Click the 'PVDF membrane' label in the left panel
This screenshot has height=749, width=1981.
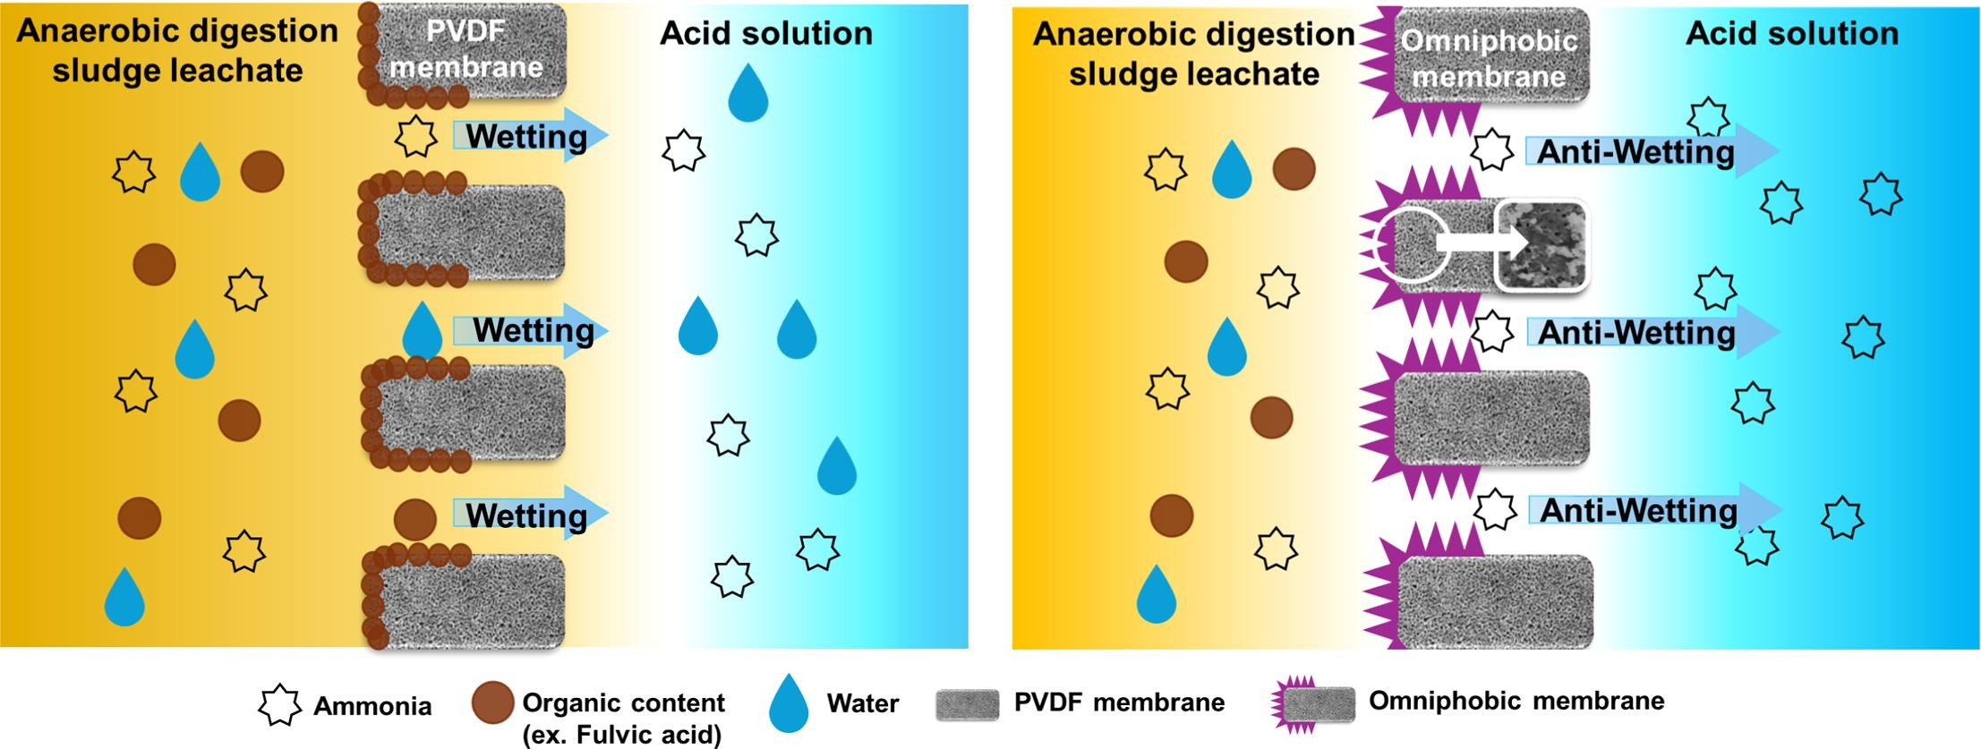[466, 49]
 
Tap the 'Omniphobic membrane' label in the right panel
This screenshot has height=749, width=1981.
[1489, 58]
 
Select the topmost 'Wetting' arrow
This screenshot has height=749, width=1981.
[528, 136]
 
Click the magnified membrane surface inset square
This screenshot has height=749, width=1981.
[1541, 244]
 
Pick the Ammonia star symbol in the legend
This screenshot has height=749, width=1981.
[279, 705]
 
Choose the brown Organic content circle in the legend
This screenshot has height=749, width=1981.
[492, 702]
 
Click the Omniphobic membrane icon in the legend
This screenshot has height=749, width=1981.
[1314, 704]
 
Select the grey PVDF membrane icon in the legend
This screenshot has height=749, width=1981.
[967, 705]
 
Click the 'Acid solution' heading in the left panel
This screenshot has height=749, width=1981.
[766, 33]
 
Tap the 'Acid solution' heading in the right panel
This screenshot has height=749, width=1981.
[1792, 33]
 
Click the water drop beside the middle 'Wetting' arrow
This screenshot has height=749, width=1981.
[422, 331]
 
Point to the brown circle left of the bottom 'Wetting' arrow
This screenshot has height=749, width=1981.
[415, 519]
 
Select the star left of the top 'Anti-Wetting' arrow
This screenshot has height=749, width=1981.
[1492, 149]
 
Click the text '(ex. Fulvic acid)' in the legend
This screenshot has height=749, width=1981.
[622, 735]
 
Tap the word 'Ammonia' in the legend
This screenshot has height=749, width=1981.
[372, 706]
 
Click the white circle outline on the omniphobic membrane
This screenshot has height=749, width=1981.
[1412, 243]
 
